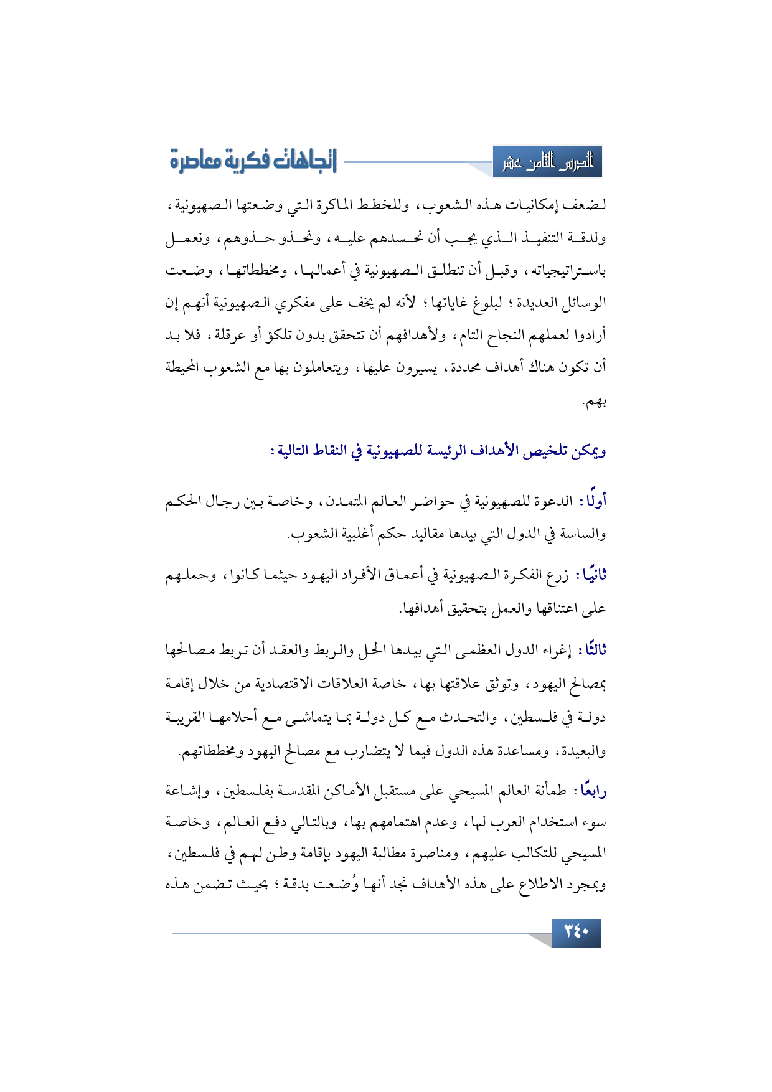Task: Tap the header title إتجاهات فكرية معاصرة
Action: coord(253,161)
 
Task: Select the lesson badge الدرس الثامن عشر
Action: coord(548,162)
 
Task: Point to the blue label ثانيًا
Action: coord(593,575)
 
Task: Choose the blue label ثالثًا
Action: coord(593,650)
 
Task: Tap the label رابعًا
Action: coord(593,791)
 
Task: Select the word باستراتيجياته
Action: coord(570,271)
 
